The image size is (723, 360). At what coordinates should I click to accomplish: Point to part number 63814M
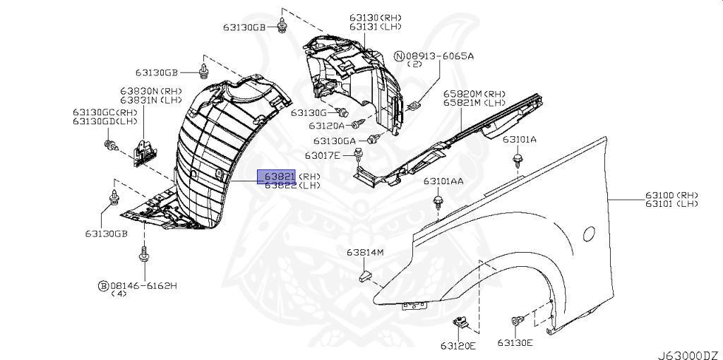tap(364, 252)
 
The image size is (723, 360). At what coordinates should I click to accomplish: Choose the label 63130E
tap(515, 342)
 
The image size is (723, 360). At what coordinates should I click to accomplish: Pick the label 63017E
tap(323, 155)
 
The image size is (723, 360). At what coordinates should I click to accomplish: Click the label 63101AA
tap(443, 181)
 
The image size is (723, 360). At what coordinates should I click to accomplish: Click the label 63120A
tap(326, 126)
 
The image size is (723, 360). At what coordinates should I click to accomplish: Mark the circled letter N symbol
tap(400, 55)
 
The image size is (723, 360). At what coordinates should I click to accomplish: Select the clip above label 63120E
tap(461, 324)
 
